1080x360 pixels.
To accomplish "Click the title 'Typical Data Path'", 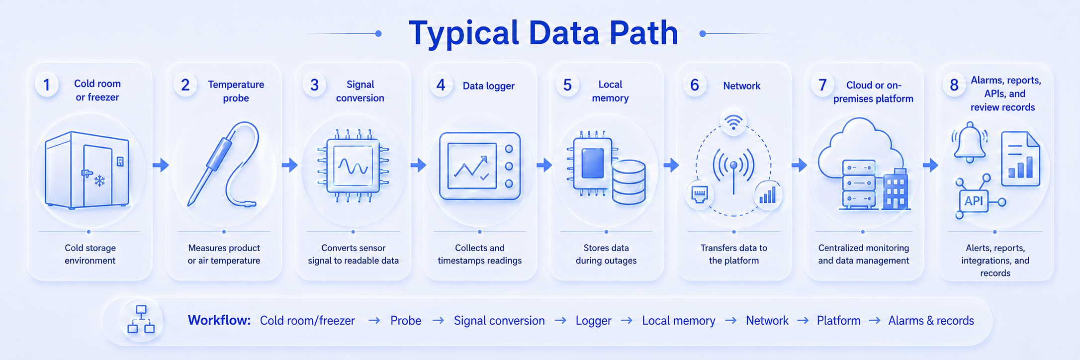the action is coord(543,33).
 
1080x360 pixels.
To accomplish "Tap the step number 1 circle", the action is coord(47,85).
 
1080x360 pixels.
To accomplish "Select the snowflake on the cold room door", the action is coord(100,180).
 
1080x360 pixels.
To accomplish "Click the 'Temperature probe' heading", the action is coord(236,91).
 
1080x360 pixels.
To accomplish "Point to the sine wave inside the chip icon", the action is coord(353,166).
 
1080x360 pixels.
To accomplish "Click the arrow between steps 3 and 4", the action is coord(418,165).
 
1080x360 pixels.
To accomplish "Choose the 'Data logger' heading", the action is coord(488,86).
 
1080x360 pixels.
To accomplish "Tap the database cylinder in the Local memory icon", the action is coord(629,182).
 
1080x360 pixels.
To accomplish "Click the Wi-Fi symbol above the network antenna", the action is coord(733,121).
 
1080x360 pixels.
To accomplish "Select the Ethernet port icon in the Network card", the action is coord(700,194).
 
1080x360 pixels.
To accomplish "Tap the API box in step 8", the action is coord(974,201).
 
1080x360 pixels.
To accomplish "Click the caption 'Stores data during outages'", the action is coord(606,254).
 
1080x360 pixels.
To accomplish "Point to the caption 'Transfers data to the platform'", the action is coord(734,254).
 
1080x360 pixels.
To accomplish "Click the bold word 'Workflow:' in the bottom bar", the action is coord(219,320).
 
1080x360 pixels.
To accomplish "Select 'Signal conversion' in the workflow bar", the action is coord(499,321).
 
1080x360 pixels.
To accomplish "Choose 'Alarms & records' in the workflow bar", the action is coord(931,321).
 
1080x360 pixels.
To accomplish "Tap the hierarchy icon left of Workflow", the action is coord(141,319).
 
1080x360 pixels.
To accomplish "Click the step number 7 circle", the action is coord(822,85).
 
